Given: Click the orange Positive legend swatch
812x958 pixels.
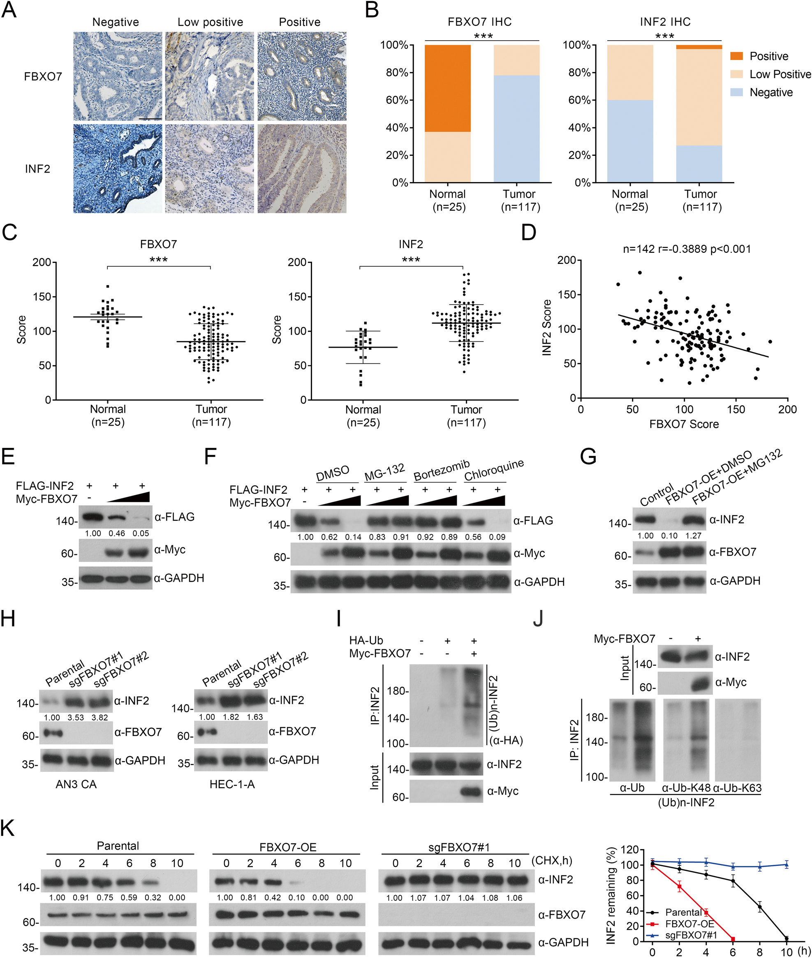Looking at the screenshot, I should click(x=736, y=56).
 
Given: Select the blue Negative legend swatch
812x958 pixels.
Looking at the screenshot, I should click(x=736, y=92).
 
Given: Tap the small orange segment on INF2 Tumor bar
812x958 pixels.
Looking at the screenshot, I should click(x=699, y=47).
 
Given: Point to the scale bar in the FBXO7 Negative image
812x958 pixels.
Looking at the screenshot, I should click(x=150, y=119).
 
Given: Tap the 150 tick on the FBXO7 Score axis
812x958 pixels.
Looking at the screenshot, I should click(x=736, y=409).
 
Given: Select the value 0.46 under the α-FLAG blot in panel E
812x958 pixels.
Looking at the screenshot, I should click(x=116, y=533).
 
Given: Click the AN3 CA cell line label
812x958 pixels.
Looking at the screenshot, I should click(x=76, y=784).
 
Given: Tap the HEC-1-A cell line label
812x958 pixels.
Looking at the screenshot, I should click(x=232, y=784).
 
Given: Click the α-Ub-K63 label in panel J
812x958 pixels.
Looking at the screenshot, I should click(x=737, y=788).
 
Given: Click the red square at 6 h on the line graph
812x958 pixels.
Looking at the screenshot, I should click(x=733, y=939).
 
